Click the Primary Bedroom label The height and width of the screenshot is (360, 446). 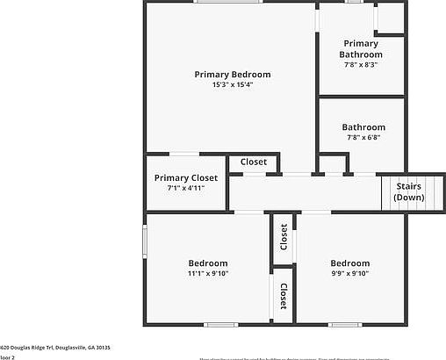click(232, 75)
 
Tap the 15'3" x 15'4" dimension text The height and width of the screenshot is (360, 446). click(232, 85)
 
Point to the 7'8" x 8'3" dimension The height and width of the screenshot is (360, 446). click(361, 64)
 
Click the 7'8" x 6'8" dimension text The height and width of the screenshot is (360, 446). click(363, 137)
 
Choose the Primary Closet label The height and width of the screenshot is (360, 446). click(185, 177)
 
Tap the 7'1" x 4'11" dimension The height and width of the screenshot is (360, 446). click(185, 188)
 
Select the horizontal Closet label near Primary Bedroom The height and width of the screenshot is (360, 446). click(254, 162)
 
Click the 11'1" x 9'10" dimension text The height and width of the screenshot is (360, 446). click(208, 273)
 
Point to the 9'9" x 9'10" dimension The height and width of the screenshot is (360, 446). click(349, 273)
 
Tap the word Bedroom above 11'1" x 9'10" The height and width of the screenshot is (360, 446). click(208, 263)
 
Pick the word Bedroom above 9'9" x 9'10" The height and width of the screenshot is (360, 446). click(349, 263)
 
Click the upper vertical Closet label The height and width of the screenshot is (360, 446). click(284, 237)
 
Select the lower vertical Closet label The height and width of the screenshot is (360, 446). click(284, 296)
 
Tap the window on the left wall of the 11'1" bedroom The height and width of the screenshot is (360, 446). click(146, 241)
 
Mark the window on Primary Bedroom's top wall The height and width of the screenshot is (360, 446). click(219, 2)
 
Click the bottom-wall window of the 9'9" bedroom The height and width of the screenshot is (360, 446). click(345, 325)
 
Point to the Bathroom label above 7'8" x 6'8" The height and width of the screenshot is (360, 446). click(363, 127)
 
